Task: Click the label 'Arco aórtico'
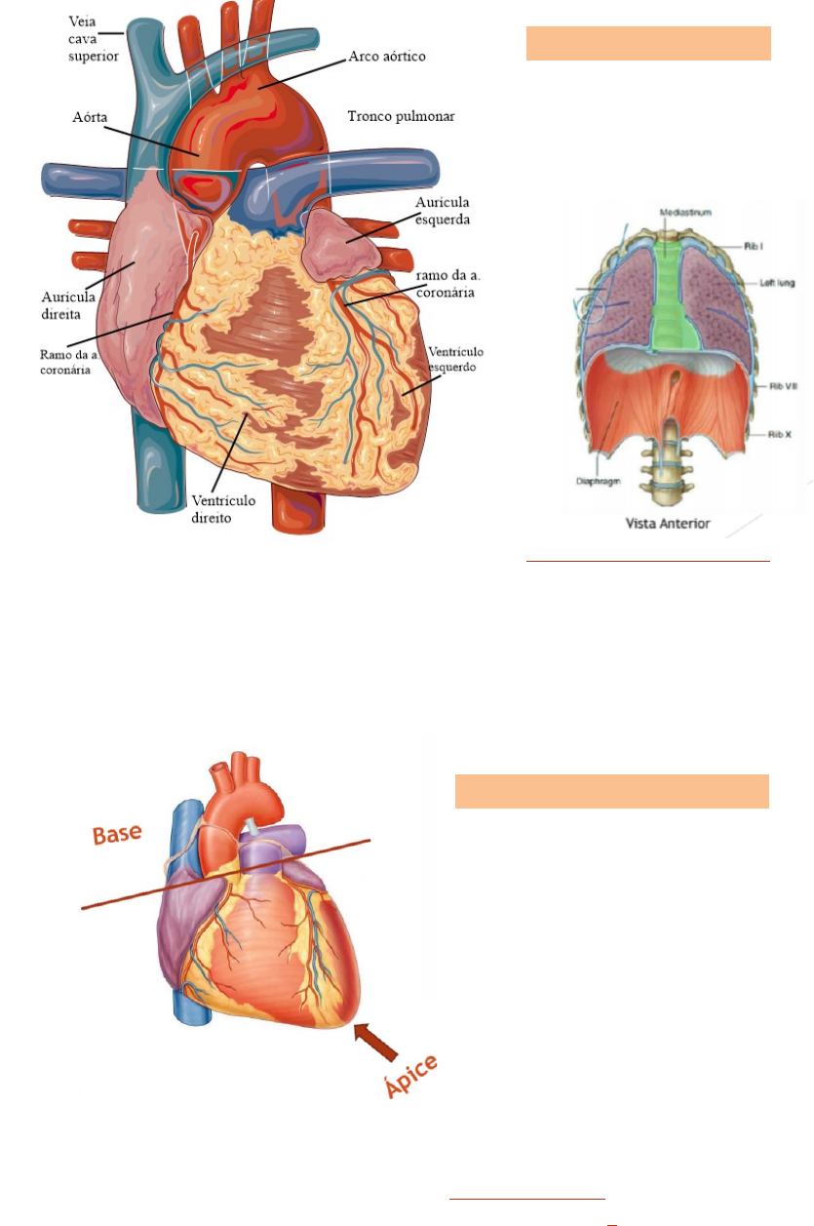pos(387,57)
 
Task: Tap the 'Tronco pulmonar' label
pos(401,117)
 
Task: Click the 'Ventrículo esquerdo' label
pos(453,360)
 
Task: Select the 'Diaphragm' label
pos(592,480)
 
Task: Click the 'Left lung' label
pos(778,283)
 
